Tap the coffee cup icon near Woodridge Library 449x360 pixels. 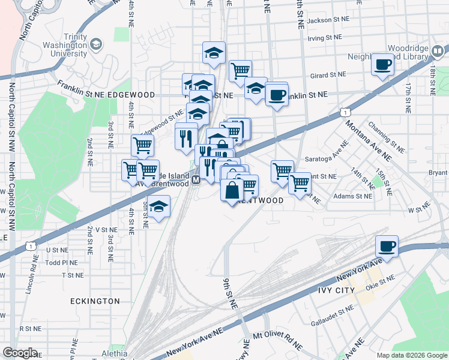(382, 64)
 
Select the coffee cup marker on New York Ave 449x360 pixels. (387, 246)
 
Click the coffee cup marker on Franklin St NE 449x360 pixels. (277, 94)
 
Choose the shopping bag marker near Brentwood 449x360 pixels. (232, 191)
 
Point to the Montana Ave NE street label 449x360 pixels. (367, 140)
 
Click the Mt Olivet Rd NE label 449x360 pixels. (277, 340)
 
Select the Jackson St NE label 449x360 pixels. (328, 20)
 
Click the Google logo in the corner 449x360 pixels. (20, 353)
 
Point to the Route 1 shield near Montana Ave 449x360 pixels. (345, 112)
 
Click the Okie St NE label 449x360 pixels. (382, 279)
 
